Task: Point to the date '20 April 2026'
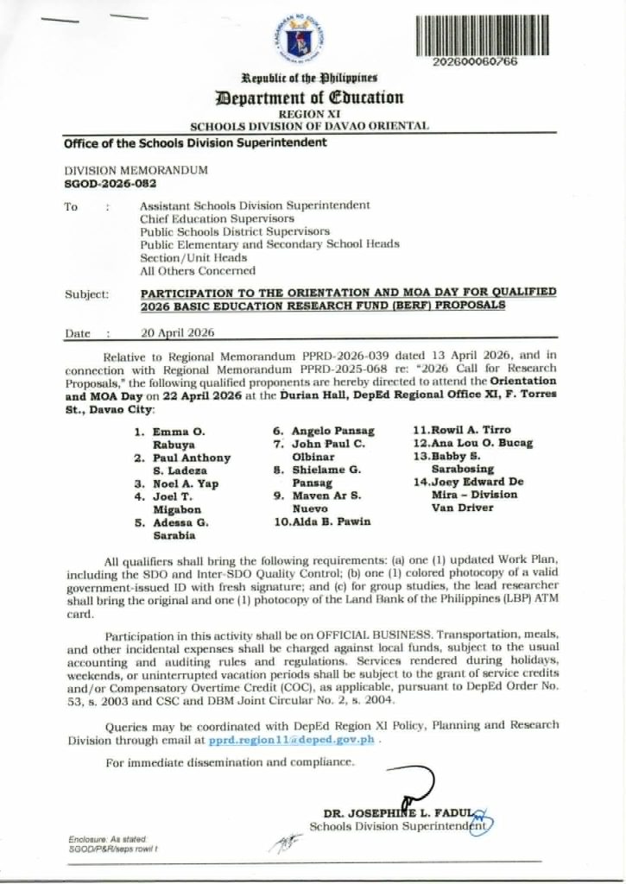click(x=177, y=332)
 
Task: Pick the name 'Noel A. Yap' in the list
click(x=186, y=483)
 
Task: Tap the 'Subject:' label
click(x=86, y=294)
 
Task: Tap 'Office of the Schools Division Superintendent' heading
click(x=195, y=142)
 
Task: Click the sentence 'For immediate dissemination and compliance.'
click(x=230, y=762)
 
